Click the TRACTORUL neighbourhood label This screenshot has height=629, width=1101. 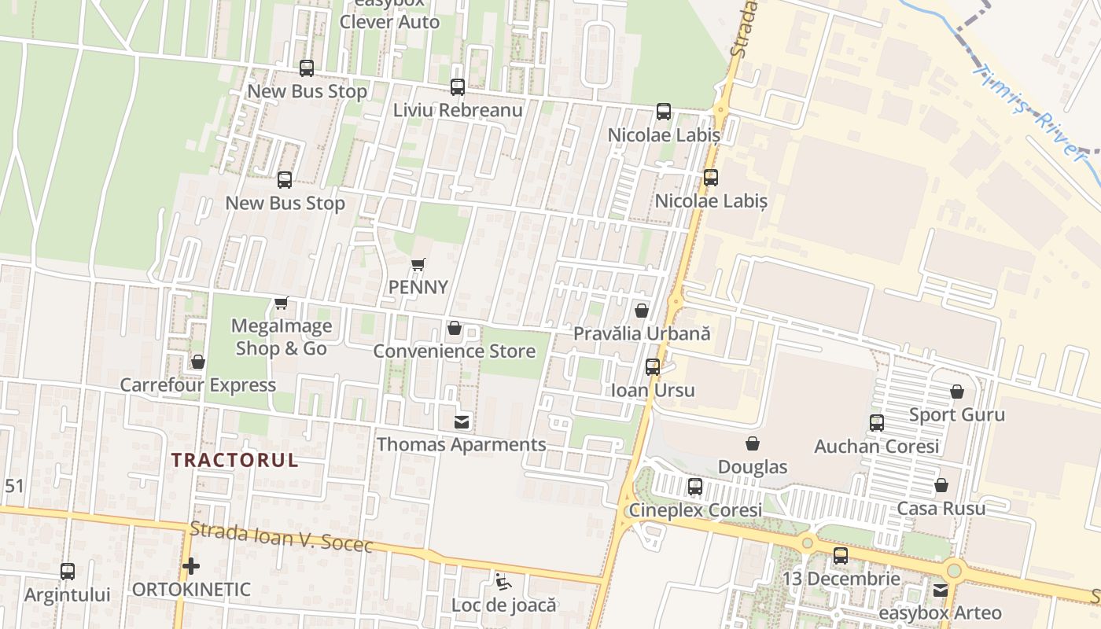(235, 460)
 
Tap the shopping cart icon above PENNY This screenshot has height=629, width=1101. (418, 265)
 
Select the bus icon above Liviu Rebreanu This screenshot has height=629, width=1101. (458, 87)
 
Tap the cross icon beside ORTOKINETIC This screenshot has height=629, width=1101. (190, 566)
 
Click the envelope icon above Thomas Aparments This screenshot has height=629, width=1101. (462, 422)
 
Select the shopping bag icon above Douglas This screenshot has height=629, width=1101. (753, 444)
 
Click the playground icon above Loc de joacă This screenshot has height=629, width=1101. (503, 582)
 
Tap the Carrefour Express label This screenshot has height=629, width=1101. (197, 385)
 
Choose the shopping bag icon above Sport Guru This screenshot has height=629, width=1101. (957, 392)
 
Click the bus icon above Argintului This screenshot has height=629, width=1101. (68, 572)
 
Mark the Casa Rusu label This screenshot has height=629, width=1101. (941, 509)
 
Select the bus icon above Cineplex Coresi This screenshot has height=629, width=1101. (695, 487)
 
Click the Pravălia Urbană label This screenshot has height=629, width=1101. (642, 333)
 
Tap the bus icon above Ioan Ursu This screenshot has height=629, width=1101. (653, 367)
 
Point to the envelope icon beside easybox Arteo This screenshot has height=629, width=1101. (941, 590)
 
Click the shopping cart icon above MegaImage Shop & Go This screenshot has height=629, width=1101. (282, 303)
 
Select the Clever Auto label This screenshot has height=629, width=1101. (389, 22)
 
